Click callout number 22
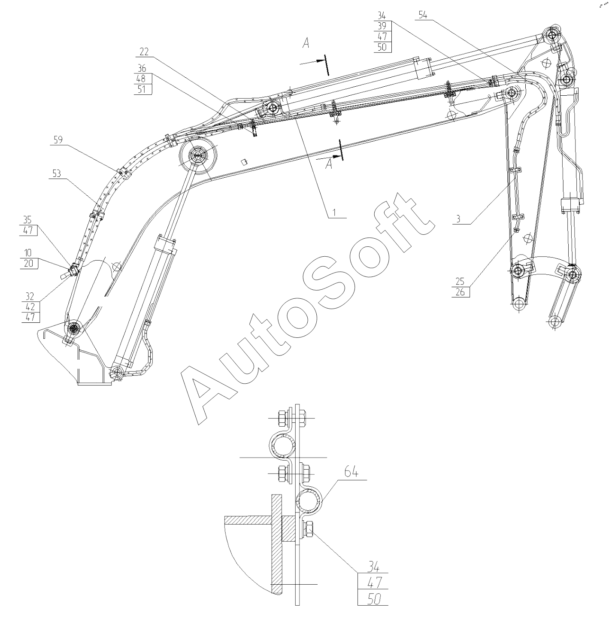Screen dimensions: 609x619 click(x=143, y=52)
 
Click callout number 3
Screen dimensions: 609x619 click(x=458, y=218)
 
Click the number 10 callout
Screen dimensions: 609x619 click(x=28, y=253)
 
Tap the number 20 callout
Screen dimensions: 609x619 click(x=28, y=263)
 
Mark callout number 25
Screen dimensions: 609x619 click(x=460, y=282)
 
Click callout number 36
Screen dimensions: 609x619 click(x=141, y=68)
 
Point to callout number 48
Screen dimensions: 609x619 click(x=141, y=79)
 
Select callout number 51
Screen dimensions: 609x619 click(x=141, y=89)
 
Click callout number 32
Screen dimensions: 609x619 click(x=30, y=297)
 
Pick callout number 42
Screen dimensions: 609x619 click(x=30, y=307)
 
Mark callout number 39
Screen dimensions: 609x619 click(x=382, y=26)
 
